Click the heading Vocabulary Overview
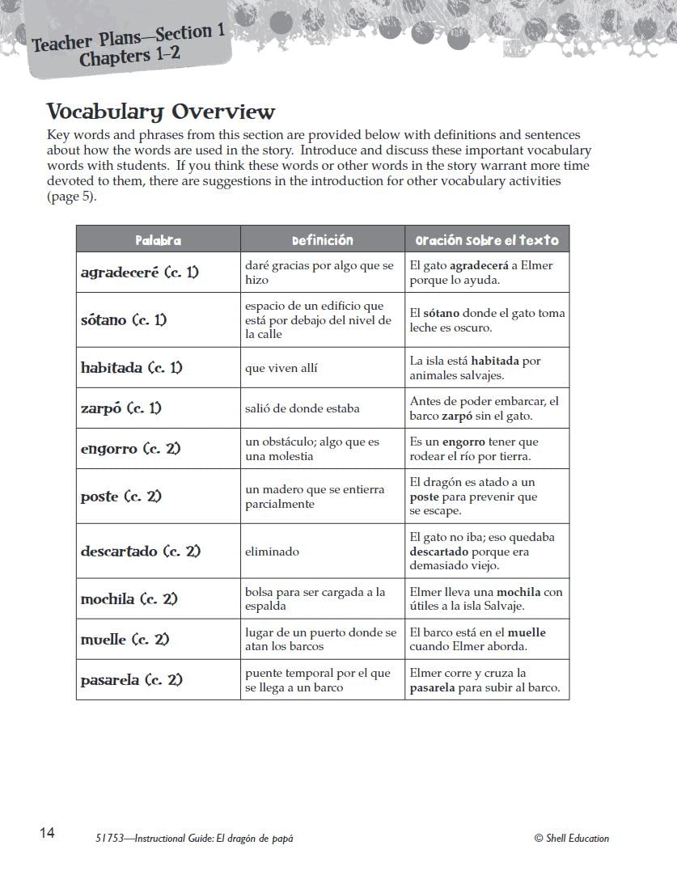pyautogui.click(x=161, y=112)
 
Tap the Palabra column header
pyautogui.click(x=159, y=240)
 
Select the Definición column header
pyautogui.click(x=323, y=240)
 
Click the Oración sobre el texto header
pyautogui.click(x=487, y=240)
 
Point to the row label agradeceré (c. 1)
pyautogui.click(x=140, y=273)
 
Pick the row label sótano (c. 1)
pyautogui.click(x=124, y=320)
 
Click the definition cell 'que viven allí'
pyautogui.click(x=281, y=368)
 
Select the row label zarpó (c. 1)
pyautogui.click(x=121, y=408)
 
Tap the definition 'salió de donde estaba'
pyautogui.click(x=303, y=408)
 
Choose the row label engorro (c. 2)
pyautogui.click(x=131, y=449)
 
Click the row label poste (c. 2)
pyautogui.click(x=121, y=497)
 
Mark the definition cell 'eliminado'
pyautogui.click(x=273, y=552)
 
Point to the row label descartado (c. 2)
pyautogui.click(x=141, y=552)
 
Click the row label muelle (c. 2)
pyautogui.click(x=125, y=640)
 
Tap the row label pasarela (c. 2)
pyautogui.click(x=132, y=680)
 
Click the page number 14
pyautogui.click(x=47, y=833)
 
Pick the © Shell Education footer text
pyautogui.click(x=572, y=839)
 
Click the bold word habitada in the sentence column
pyautogui.click(x=496, y=361)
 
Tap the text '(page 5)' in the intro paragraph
pyautogui.click(x=71, y=197)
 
